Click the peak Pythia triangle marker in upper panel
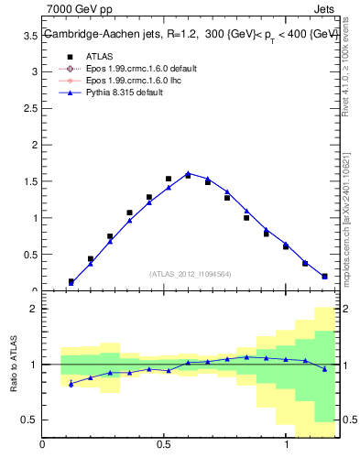[188, 173]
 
